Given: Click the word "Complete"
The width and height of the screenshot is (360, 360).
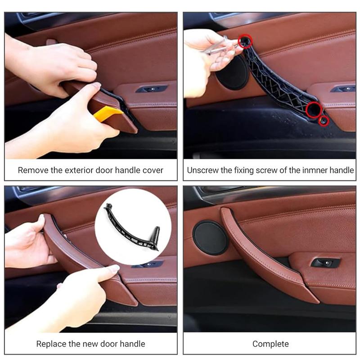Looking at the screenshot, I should (x=270, y=344).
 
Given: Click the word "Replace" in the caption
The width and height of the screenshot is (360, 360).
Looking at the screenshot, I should (x=51, y=344).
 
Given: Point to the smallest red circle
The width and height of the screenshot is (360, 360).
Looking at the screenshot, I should (x=323, y=121).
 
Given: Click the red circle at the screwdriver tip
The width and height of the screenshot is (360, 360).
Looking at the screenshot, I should (x=245, y=41).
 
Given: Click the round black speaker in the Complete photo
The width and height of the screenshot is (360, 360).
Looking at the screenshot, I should (x=211, y=238).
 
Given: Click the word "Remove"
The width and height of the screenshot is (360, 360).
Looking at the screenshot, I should (x=33, y=171).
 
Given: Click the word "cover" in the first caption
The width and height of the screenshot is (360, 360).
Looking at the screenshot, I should (x=152, y=171).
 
